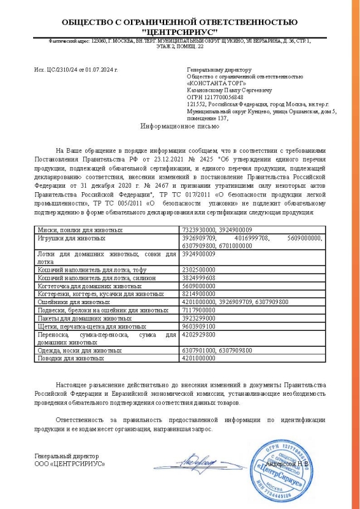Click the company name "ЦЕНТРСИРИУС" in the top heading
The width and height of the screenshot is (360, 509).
[x=180, y=32]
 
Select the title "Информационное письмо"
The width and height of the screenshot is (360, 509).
[x=180, y=127]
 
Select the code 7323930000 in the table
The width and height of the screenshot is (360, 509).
[x=198, y=229]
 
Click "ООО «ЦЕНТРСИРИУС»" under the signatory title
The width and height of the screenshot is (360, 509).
[x=70, y=464]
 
